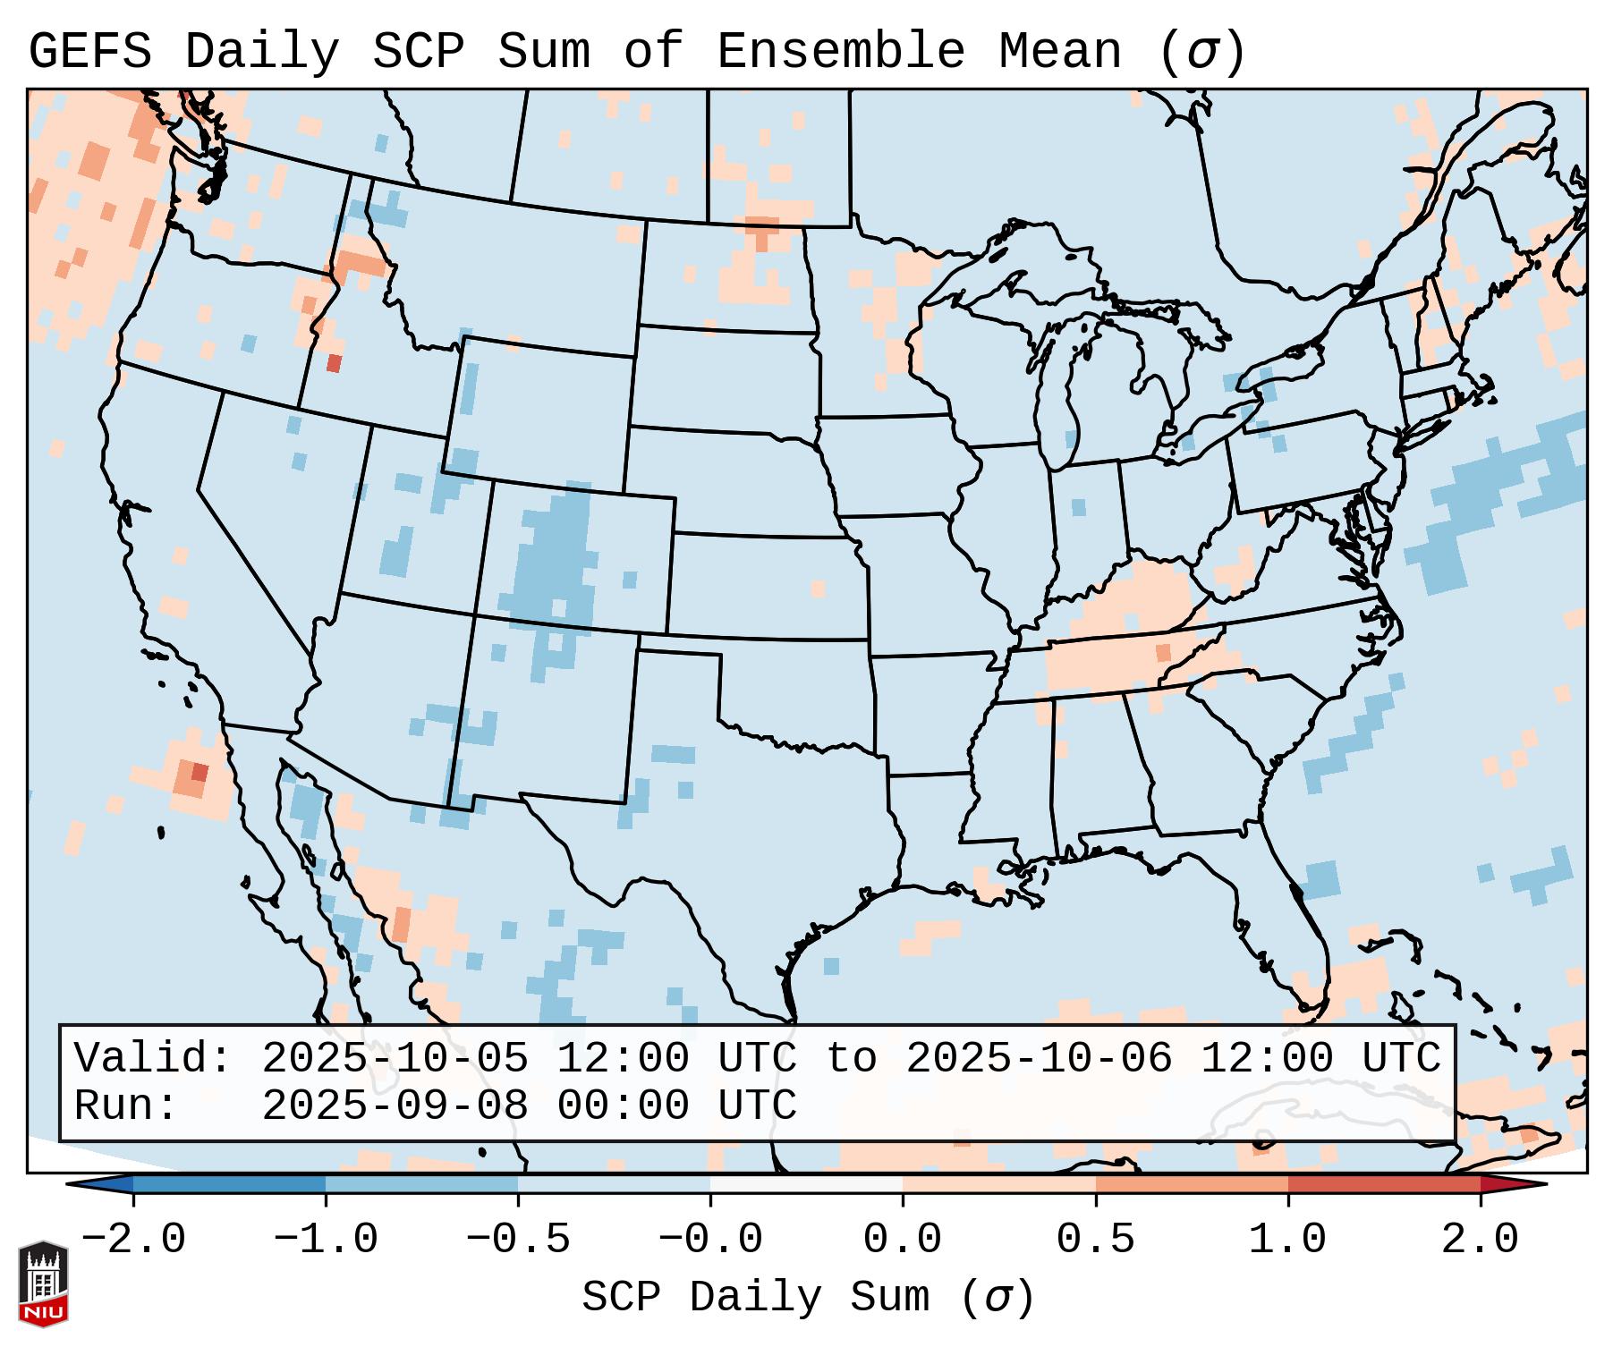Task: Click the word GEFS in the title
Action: tap(89, 51)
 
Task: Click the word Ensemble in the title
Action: tap(840, 51)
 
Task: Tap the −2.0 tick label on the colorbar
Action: tap(133, 1240)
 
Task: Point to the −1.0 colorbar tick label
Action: tap(326, 1240)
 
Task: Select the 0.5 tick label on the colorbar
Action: tap(1096, 1240)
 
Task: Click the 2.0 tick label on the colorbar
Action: tap(1481, 1240)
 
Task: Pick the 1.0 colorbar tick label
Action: tap(1288, 1240)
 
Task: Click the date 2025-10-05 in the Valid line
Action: tap(395, 1058)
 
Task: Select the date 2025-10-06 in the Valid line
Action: tap(1039, 1058)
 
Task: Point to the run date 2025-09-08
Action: tap(395, 1106)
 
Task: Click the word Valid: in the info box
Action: tap(153, 1058)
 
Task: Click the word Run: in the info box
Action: tap(126, 1106)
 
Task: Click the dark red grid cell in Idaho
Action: tap(334, 363)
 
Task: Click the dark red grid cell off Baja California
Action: tap(200, 772)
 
